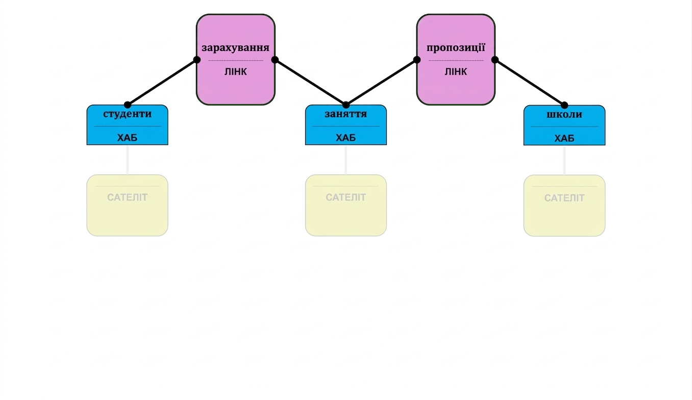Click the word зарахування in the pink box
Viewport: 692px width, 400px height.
(x=235, y=48)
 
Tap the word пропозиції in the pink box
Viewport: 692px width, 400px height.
(x=456, y=48)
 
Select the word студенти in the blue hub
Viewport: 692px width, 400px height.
(x=127, y=114)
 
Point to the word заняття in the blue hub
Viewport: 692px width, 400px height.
(x=345, y=114)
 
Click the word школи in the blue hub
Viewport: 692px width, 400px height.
(x=564, y=115)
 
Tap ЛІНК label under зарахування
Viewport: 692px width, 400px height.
(x=235, y=71)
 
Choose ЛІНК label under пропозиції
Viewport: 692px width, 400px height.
(x=456, y=71)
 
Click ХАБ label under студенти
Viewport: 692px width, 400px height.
(x=127, y=137)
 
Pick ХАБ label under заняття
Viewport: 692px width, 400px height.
(x=345, y=137)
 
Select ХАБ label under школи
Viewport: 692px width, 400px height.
(x=564, y=138)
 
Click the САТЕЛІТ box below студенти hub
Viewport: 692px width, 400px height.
(x=127, y=206)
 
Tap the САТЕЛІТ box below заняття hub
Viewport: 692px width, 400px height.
(x=345, y=206)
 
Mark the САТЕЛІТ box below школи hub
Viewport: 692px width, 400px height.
(x=564, y=206)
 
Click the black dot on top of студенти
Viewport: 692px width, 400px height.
(x=127, y=105)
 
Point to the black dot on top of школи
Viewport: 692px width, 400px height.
(x=564, y=105)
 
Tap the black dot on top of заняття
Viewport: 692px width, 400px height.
(x=345, y=105)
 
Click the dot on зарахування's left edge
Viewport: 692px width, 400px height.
(x=196, y=60)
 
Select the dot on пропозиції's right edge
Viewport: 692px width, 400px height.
(x=495, y=60)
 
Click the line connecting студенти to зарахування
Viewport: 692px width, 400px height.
(x=162, y=83)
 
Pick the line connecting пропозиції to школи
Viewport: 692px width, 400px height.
(x=530, y=83)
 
